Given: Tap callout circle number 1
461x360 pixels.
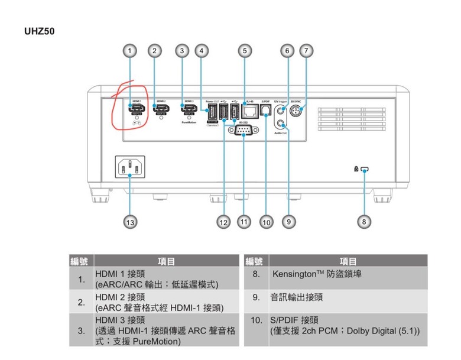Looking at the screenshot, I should pos(131,51).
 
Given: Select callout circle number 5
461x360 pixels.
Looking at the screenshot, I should pos(245,51).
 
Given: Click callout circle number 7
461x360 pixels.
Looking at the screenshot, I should pos(306,51).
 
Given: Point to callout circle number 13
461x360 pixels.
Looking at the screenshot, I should pos(130,222).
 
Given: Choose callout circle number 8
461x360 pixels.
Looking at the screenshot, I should pos(364,222).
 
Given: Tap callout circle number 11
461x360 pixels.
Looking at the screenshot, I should pos(244,222).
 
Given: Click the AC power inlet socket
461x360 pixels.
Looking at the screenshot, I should pos(130,167).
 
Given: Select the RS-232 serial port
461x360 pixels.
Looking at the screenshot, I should pos(244,130).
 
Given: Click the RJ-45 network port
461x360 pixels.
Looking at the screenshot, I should pos(250,110).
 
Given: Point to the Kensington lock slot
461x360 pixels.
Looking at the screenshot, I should pos(365,170).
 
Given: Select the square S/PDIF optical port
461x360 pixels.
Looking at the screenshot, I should pos(265,110).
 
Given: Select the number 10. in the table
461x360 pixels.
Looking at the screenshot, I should pos(257,320).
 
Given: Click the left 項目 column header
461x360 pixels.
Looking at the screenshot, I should pos(167,261).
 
